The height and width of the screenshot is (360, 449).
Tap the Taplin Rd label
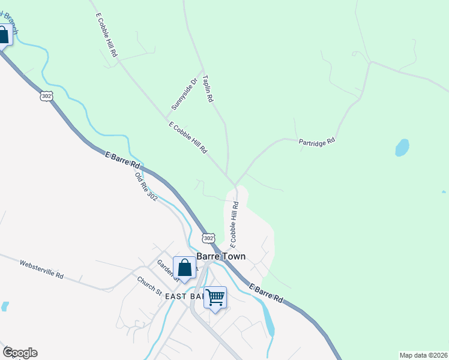pyautogui.click(x=208, y=88)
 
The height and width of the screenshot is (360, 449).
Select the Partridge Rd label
pyautogui.click(x=316, y=142)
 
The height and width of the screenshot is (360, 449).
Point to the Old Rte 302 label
pyautogui.click(x=145, y=186)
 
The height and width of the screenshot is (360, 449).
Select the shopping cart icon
pyautogui.click(x=215, y=298)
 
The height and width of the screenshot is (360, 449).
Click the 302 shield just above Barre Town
pyautogui.click(x=208, y=238)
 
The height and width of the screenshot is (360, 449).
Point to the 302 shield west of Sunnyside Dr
pyautogui.click(x=46, y=96)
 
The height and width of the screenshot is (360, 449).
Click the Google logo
pyautogui.click(x=20, y=353)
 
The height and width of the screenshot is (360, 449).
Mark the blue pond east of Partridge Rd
pyautogui.click(x=402, y=147)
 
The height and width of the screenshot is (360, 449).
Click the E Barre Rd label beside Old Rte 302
pyautogui.click(x=122, y=160)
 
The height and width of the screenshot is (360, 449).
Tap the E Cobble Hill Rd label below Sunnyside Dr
pyautogui.click(x=188, y=137)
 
